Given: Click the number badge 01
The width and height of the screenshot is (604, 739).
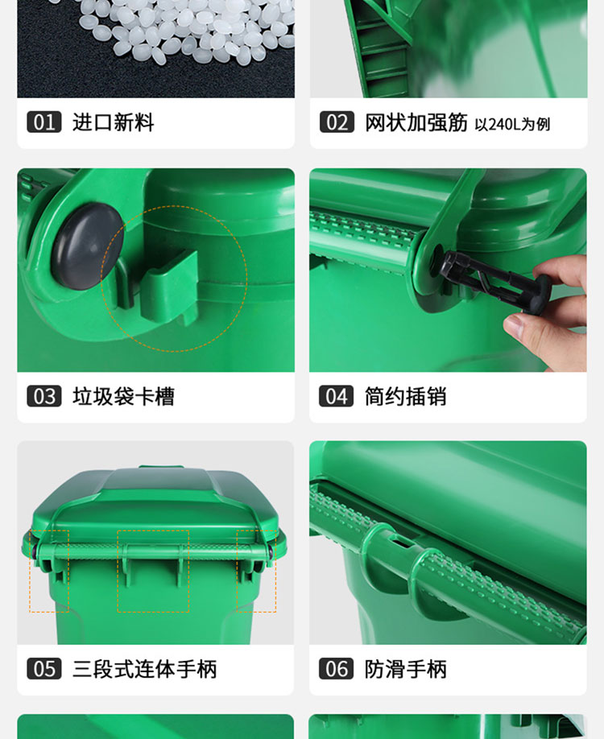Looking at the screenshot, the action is coord(43,122).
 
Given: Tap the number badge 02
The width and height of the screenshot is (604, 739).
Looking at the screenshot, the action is coord(337,122).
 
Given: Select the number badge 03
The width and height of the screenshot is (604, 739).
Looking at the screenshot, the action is coord(43,396).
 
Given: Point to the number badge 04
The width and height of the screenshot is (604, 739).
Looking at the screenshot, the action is coord(336,396).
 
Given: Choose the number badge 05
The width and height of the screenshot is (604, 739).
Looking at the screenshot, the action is coord(43,669).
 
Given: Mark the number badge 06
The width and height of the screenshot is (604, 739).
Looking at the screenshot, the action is coord(336,669).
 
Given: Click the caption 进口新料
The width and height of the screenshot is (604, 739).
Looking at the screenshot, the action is coord(114,122).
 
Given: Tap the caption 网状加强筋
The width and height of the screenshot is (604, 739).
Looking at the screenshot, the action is coord(416,122).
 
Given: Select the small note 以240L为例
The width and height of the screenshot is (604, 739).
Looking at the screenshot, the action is coord(512,125).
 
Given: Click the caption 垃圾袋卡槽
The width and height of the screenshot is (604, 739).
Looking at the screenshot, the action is coord(123,396).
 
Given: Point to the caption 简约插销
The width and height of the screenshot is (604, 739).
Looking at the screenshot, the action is coord(406,396).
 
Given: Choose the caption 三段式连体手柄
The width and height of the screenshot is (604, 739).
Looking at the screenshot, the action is coord(144,669).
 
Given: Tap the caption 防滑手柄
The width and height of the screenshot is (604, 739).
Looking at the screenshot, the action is coord(406,669).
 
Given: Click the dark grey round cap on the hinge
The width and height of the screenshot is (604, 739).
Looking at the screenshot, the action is coord(88,246).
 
